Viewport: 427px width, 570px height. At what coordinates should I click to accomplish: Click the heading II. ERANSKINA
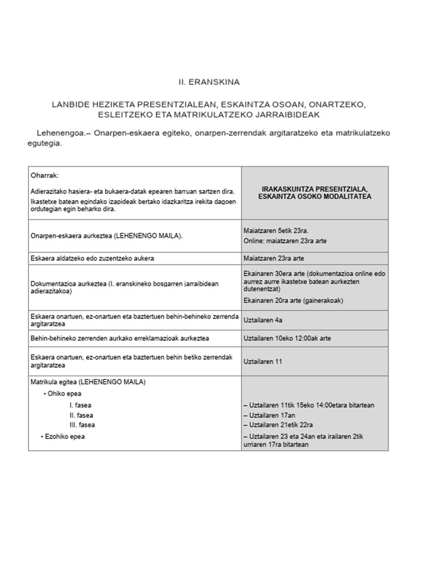213,82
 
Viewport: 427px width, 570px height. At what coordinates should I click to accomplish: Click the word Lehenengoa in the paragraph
56,133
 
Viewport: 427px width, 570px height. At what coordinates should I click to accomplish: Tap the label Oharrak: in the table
45,176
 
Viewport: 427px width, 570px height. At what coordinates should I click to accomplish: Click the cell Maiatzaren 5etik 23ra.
276,230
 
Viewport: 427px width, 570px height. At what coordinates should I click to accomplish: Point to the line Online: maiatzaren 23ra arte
285,240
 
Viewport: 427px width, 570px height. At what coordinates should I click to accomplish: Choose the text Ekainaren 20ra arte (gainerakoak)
293,300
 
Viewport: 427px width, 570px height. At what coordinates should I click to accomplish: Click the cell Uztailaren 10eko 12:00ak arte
288,338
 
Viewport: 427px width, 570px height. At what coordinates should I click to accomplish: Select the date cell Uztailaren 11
263,361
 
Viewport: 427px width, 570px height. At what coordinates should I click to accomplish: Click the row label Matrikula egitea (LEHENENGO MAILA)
88,382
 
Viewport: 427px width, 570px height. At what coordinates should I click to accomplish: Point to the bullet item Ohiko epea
64,394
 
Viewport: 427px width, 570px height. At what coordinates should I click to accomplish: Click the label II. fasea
81,415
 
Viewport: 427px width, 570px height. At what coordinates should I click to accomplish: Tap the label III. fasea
82,425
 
